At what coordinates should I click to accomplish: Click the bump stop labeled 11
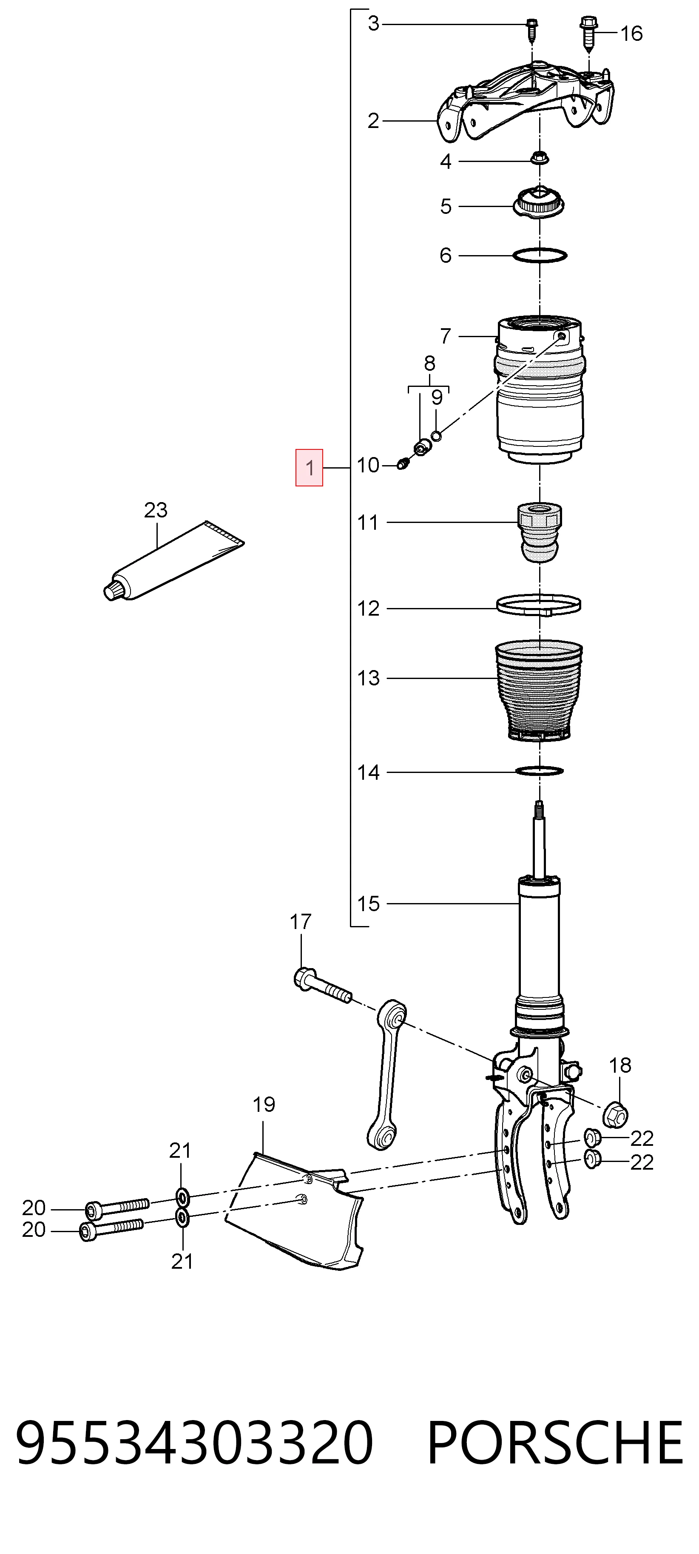pos(540,534)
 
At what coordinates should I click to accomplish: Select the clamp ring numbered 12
pos(539,605)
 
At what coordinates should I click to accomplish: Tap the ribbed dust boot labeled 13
pos(539,691)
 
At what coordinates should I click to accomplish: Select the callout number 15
pos(369,903)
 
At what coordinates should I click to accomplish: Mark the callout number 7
pos(446,335)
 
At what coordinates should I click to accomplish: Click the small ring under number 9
pos(437,435)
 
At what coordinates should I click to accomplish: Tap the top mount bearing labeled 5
pos(539,204)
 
